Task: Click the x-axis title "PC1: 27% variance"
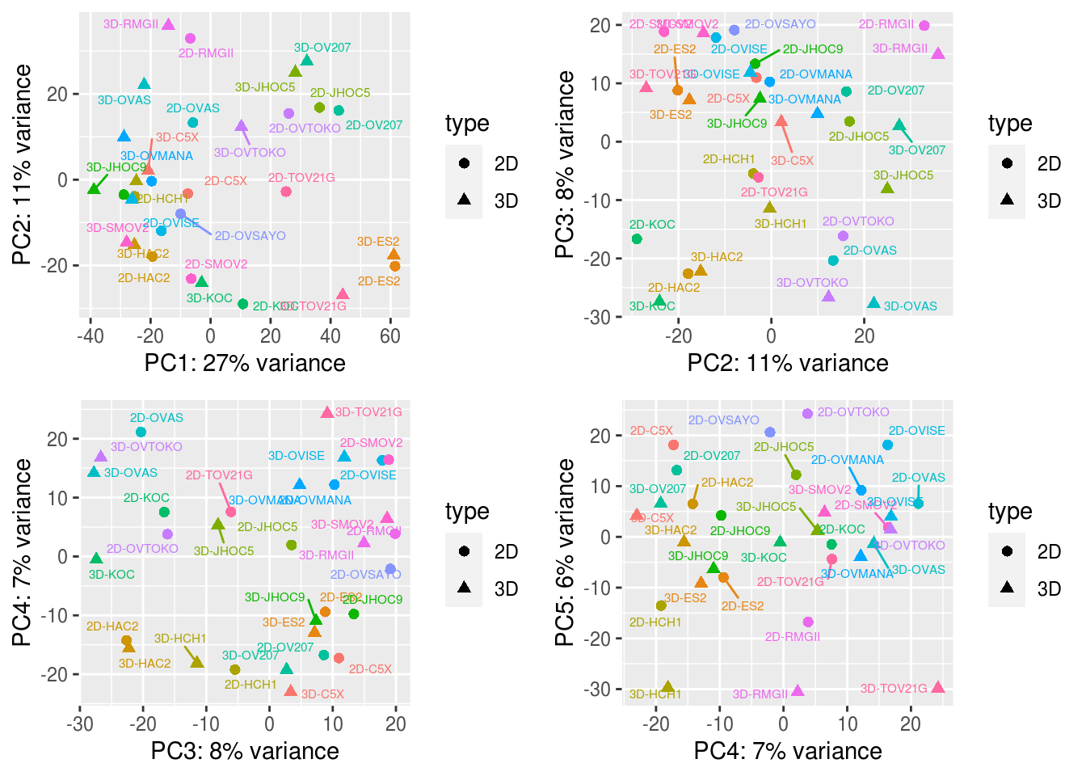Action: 245,363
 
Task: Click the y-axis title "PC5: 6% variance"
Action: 566,553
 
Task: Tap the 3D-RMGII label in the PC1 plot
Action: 131,24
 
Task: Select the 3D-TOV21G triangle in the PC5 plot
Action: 937,687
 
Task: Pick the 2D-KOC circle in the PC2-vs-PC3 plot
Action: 637,238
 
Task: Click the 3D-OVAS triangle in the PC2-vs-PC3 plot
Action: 873,303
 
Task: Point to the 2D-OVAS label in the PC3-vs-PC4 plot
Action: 157,418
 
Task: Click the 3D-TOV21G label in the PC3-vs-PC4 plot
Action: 368,412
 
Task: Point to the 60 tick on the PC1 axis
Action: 390,335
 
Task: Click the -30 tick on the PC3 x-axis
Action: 79,723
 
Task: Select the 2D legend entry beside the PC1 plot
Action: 464,164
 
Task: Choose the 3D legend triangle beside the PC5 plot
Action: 1007,588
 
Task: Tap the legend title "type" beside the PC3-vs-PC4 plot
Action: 467,512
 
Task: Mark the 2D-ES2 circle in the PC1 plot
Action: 394,266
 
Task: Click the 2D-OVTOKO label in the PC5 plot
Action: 853,412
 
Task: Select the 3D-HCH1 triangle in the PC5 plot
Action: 667,687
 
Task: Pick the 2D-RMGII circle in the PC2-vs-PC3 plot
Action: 924,26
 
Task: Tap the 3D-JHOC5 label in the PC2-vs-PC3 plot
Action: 903,175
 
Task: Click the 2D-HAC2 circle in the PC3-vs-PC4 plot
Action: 126,640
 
